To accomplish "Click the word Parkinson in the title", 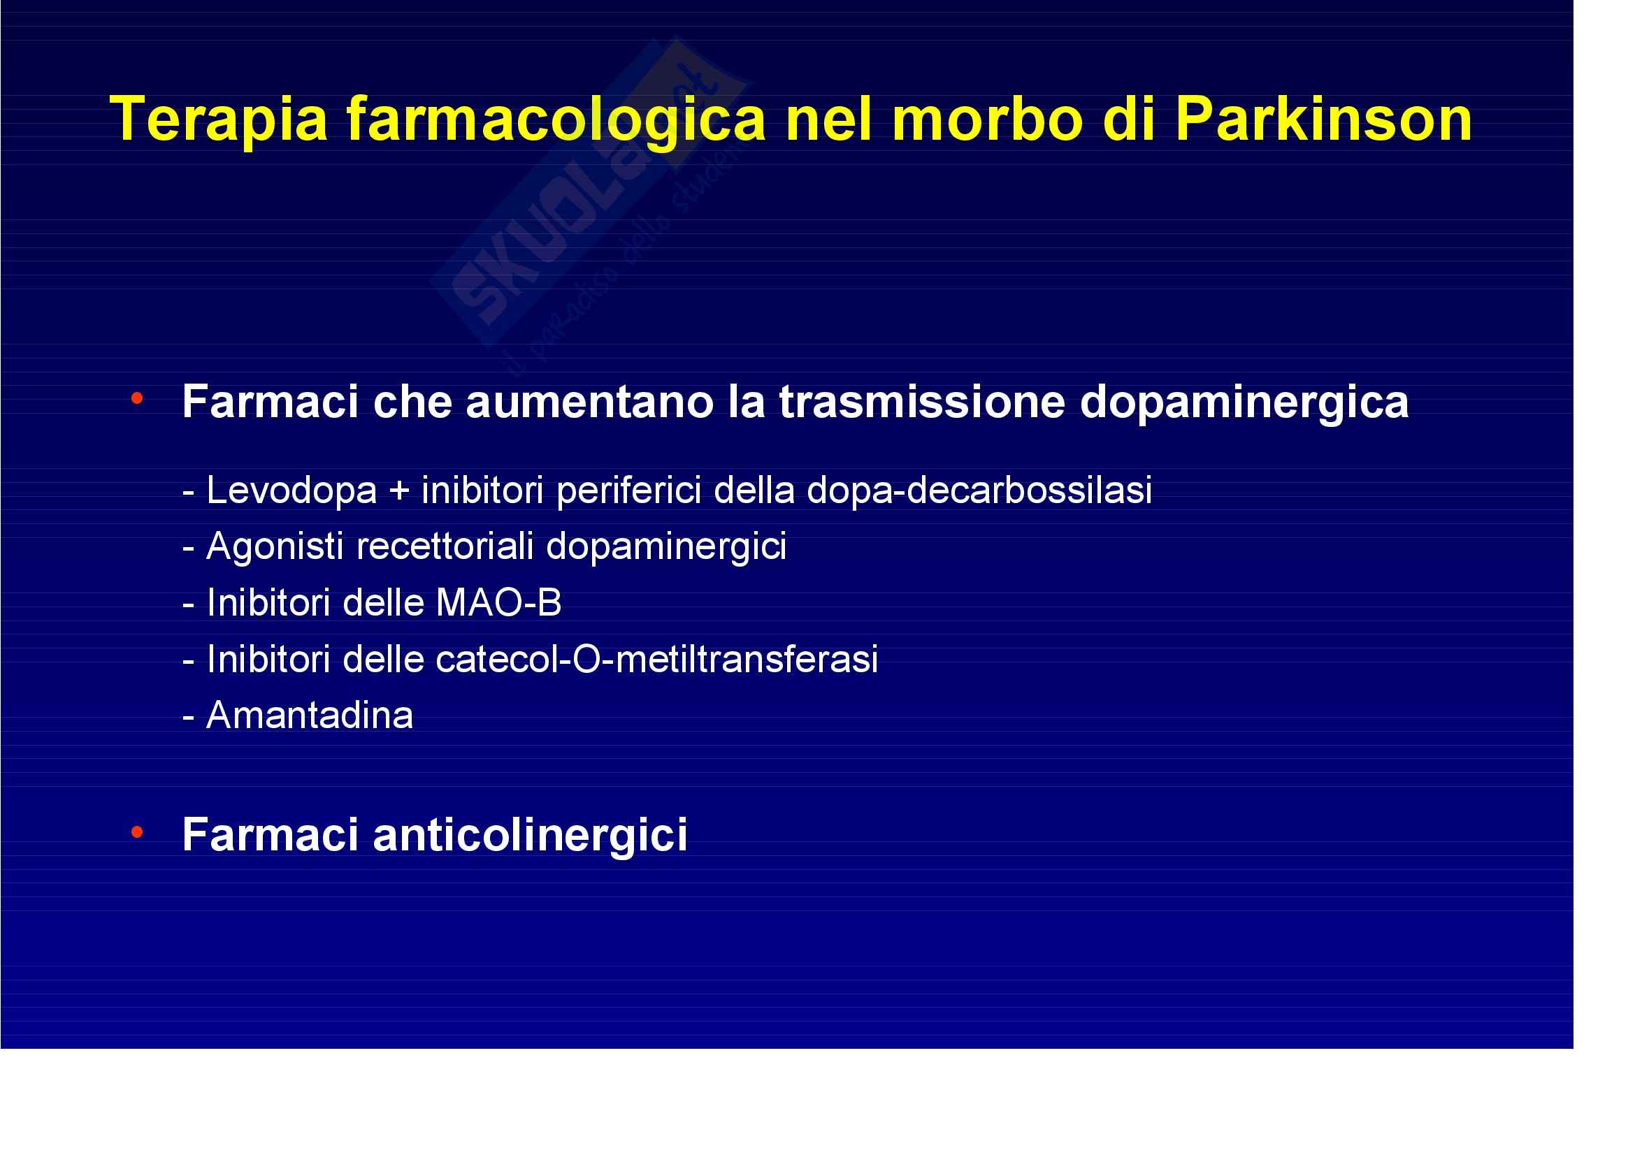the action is tap(1323, 119).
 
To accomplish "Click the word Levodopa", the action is tap(291, 490).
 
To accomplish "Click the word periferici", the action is tap(629, 491).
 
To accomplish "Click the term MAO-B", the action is tap(498, 603).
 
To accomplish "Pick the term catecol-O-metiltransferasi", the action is tap(656, 659).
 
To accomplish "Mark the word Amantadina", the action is tap(310, 715).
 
